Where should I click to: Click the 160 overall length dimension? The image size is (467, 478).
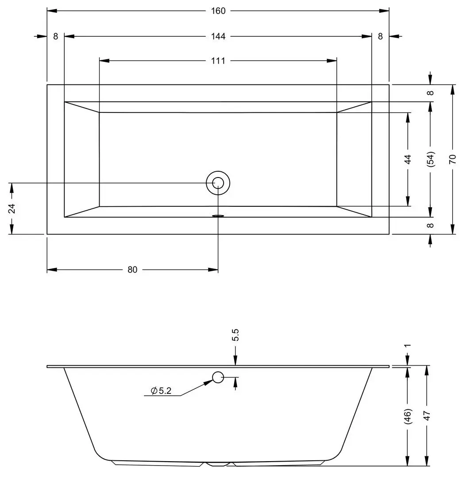[x=218, y=11]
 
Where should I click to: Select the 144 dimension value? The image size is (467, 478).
[x=218, y=37]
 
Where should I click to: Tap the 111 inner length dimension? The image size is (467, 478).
[x=218, y=61]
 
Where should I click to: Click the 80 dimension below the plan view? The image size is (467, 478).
[x=132, y=270]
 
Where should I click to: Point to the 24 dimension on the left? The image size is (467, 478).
[x=12, y=208]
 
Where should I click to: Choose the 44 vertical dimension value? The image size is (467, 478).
[x=408, y=159]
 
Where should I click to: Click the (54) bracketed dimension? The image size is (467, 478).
[x=430, y=159]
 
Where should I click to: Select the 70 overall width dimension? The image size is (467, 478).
[x=453, y=159]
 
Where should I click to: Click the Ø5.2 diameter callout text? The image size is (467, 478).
[x=161, y=391]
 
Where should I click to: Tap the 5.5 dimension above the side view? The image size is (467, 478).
[x=235, y=335]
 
